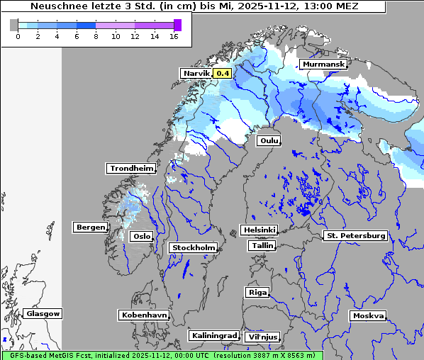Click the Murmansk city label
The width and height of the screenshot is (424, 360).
coord(324,64)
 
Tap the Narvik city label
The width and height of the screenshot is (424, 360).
coord(196,73)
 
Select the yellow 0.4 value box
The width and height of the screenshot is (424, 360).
coord(223,73)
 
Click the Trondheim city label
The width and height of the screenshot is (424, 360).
coord(131,168)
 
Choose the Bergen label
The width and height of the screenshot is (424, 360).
coord(89,227)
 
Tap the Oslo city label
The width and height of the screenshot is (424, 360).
coord(142,236)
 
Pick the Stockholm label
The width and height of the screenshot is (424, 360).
coord(194,247)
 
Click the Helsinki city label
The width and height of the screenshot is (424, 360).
coord(259,230)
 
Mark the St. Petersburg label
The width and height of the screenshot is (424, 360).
coord(355,235)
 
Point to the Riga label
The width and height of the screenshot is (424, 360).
coord(257,292)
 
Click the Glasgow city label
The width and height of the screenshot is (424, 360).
coord(43,313)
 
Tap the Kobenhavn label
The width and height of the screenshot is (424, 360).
coord(144,314)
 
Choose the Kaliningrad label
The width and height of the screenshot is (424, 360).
coord(213,335)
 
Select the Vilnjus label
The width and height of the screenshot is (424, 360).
coord(262,337)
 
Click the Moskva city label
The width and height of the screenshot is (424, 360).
coord(368,315)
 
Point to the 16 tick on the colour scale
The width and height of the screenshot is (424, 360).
coord(174,36)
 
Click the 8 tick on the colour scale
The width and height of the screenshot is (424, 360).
coord(96,36)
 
